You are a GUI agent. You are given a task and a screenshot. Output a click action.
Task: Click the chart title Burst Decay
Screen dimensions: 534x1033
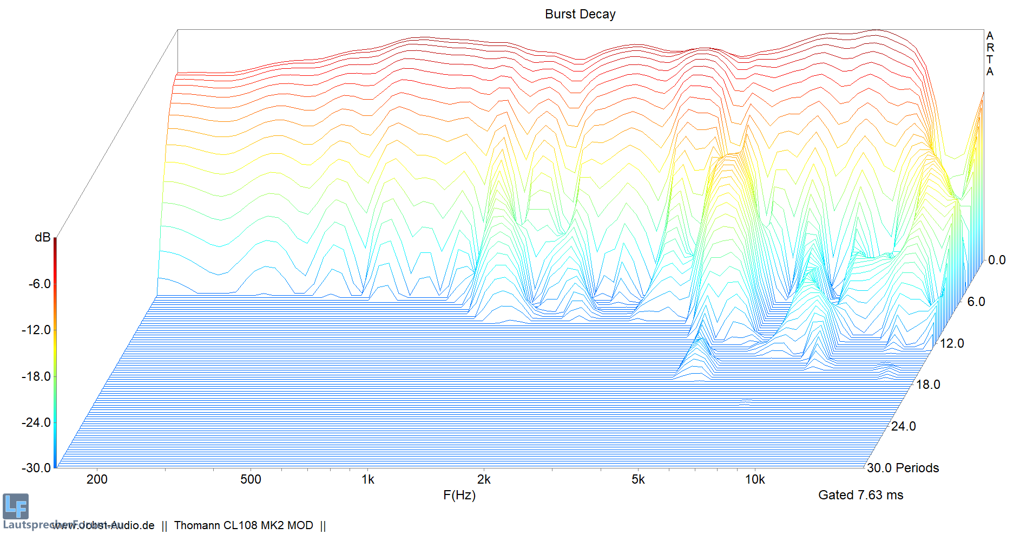[580, 14]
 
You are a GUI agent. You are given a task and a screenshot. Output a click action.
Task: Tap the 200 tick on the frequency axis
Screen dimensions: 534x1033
[97, 479]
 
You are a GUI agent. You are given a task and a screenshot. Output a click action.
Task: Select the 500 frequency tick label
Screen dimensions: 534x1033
[251, 479]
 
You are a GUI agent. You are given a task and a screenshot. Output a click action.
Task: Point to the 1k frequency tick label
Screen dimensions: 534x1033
[368, 479]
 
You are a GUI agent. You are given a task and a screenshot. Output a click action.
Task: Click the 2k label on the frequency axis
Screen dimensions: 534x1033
[484, 479]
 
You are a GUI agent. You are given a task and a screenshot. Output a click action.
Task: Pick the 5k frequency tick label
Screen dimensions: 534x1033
[638, 479]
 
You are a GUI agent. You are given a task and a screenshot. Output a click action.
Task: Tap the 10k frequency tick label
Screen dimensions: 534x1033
[755, 479]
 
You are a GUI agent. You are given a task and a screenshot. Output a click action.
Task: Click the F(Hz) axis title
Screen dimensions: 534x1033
[459, 495]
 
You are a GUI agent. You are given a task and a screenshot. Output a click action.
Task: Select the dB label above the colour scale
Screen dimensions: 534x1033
[42, 237]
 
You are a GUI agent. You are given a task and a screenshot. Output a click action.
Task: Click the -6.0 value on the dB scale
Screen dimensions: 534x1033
[40, 284]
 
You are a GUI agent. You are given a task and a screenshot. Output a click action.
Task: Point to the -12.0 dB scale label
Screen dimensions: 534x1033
[36, 330]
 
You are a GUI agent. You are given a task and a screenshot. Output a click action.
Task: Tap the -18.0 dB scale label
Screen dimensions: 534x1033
[36, 376]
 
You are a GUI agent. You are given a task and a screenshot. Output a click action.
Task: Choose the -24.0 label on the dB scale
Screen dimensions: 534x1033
[36, 422]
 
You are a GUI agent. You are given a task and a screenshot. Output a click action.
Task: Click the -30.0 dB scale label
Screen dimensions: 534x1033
[36, 468]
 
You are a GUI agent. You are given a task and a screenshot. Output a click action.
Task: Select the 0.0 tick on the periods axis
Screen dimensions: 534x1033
[997, 260]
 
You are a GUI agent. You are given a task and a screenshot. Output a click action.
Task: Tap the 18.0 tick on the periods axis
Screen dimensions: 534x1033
[928, 385]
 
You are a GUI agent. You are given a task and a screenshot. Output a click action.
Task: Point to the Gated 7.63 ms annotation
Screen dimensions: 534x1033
[860, 495]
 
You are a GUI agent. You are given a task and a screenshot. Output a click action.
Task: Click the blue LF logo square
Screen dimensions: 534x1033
[16, 506]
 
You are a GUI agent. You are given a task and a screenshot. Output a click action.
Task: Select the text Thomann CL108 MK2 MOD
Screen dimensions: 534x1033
[244, 525]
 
